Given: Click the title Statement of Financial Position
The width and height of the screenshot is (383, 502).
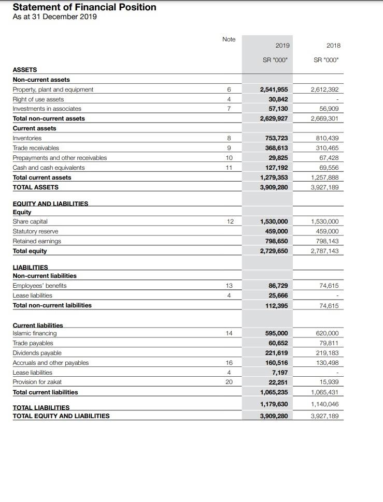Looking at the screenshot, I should point(84,7).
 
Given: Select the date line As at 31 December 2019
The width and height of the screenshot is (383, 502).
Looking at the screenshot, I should point(54,17).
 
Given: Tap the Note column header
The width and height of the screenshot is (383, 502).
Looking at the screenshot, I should point(229,39).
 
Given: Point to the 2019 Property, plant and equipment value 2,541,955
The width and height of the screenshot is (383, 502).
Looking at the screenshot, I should point(274,90).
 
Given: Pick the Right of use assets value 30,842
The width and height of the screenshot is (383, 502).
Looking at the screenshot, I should point(278,99).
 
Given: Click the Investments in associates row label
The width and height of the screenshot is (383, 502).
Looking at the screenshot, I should point(47,109).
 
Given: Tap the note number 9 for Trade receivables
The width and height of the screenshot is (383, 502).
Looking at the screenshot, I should point(229,148).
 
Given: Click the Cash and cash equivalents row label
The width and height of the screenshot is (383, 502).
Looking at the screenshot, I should point(48,168).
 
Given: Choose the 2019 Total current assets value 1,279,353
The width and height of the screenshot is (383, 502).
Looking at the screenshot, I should point(274,178).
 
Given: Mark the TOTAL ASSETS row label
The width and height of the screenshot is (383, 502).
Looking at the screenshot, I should point(35,187).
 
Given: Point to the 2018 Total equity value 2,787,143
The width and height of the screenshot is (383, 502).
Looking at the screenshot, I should point(324,251).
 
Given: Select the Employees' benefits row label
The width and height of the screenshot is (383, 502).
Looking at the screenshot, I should point(39,286).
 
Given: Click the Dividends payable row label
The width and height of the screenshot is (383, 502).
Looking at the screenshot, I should point(37,353).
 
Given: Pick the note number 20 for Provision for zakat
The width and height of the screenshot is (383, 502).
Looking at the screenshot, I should point(229,382).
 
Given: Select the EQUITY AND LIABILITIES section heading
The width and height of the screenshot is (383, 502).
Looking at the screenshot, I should point(50,204).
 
